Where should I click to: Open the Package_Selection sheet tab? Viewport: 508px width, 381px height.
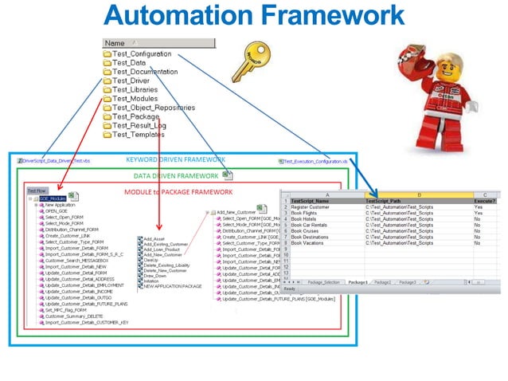click(x=324, y=282)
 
